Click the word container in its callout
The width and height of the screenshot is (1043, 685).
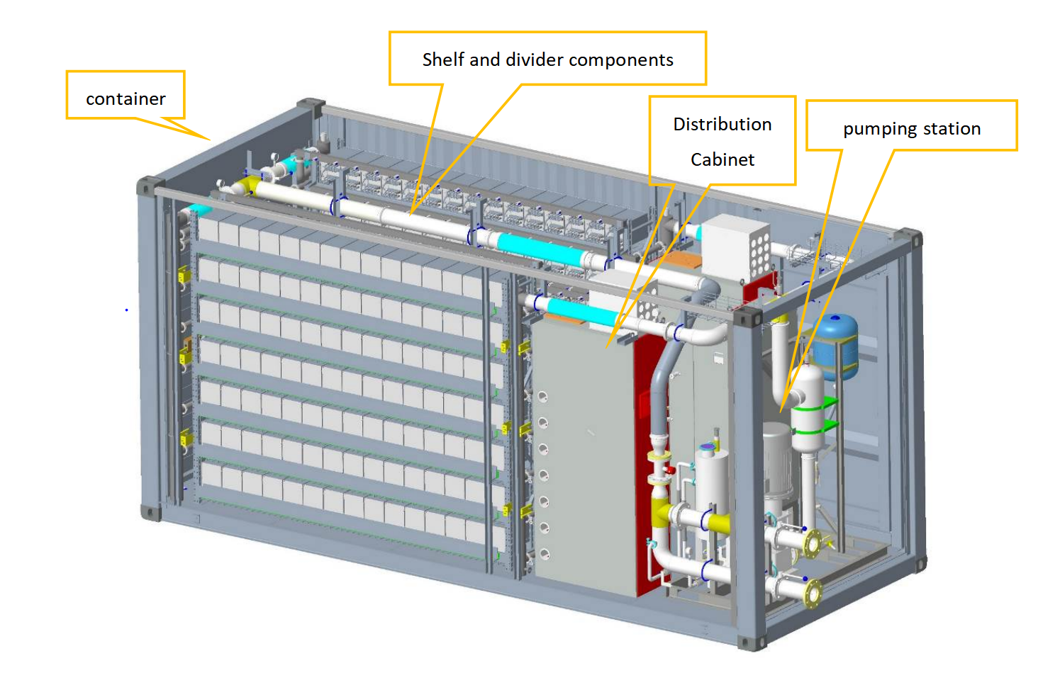126,98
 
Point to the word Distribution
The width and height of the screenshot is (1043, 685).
722,124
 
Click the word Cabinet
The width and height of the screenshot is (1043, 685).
722,159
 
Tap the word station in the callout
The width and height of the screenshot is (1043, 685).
952,129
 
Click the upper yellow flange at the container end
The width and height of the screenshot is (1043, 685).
813,543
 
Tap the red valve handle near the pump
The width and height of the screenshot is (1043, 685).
670,470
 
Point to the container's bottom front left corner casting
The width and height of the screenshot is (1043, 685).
150,512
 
